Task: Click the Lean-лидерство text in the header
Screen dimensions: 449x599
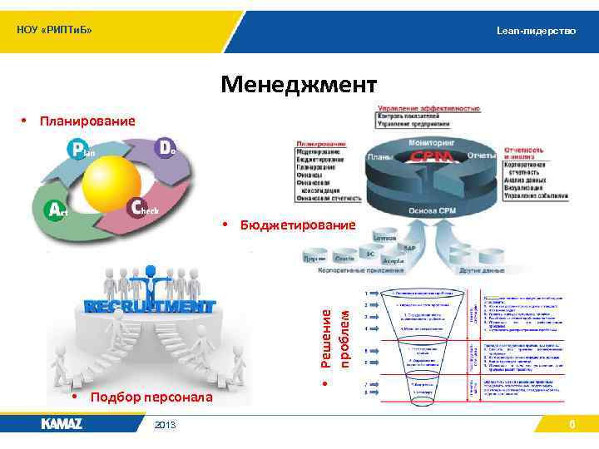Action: pyautogui.click(x=536, y=30)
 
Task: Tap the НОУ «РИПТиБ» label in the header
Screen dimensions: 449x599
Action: pyautogui.click(x=54, y=31)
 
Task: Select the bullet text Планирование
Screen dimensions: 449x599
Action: pyautogui.click(x=87, y=122)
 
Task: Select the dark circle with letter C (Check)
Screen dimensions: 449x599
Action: pyautogui.click(x=140, y=208)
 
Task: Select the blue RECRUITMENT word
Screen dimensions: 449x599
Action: pyautogui.click(x=149, y=306)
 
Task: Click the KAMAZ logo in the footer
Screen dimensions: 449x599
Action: pyautogui.click(x=62, y=424)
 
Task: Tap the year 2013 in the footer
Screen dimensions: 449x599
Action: pyautogui.click(x=165, y=425)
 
